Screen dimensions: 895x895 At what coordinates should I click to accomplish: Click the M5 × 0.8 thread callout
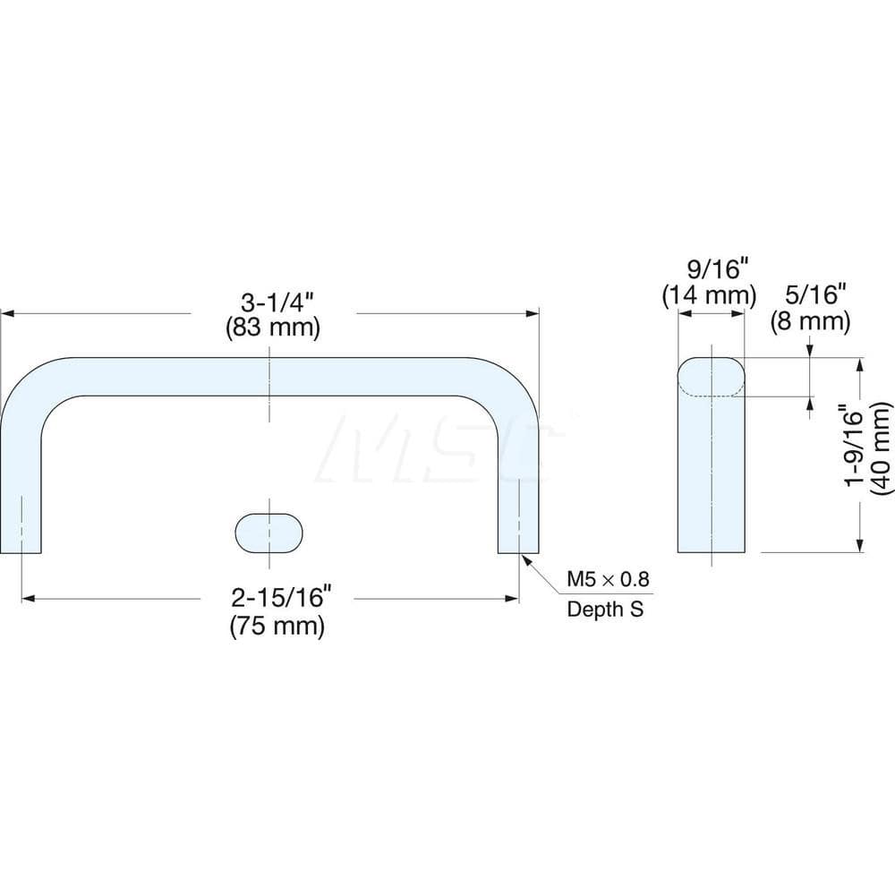pyautogui.click(x=605, y=579)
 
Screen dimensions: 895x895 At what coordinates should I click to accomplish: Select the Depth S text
pyautogui.click(x=605, y=609)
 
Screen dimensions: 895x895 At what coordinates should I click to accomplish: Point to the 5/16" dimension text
pyautogui.click(x=811, y=294)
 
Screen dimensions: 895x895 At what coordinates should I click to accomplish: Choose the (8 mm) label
pyautogui.click(x=811, y=320)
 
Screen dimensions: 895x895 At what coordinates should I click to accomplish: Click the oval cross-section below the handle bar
pyautogui.click(x=270, y=533)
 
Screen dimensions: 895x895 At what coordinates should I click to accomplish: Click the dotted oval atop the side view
pyautogui.click(x=711, y=377)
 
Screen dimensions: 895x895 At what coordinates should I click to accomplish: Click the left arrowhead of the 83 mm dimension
pyautogui.click(x=6, y=313)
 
